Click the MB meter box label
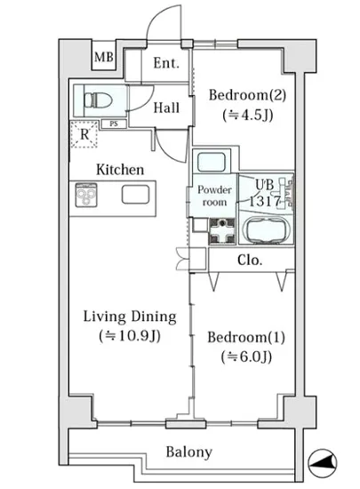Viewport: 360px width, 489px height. [104, 58]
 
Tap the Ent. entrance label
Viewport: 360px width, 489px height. [166, 63]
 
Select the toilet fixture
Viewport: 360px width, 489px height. [98, 100]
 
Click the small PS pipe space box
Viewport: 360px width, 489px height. [114, 124]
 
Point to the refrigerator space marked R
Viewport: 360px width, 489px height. [84, 134]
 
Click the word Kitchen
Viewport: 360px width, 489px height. [120, 170]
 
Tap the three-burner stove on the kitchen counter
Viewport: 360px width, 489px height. [86, 195]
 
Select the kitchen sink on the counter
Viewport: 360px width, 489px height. [136, 195]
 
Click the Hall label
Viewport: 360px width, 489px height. [166, 108]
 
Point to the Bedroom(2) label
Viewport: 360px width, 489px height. [247, 95]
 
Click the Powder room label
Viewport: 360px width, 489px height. [214, 196]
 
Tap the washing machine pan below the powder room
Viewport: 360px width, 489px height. [222, 231]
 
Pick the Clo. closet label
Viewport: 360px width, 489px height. [250, 260]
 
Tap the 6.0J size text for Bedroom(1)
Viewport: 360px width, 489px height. [246, 357]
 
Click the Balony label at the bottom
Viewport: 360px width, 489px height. [188, 452]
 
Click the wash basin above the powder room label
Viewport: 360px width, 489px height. [212, 162]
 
